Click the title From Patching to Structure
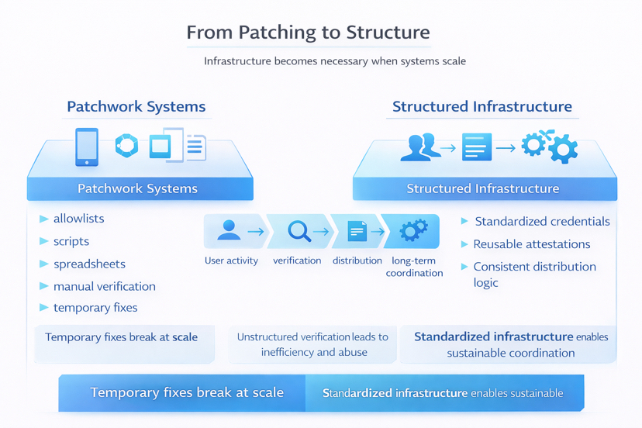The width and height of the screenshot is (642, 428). tap(308, 33)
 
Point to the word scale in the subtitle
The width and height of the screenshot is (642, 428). tap(451, 61)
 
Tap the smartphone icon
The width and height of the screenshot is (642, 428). tap(87, 147)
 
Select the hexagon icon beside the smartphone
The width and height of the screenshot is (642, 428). tap(126, 145)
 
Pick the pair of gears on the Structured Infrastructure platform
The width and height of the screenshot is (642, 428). tap(549, 147)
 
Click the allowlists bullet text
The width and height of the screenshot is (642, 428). tap(78, 219)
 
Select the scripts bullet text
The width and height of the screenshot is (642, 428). tap(71, 241)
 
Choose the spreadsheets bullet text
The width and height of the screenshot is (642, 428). tap(89, 264)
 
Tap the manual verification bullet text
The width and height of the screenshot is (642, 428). tap(105, 286)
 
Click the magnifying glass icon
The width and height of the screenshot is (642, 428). tap(299, 231)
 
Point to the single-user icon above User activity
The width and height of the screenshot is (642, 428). tap(229, 230)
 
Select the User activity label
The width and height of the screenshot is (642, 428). tap(231, 261)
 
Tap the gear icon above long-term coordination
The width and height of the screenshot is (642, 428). tap(413, 230)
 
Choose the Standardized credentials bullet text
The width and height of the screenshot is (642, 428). tap(542, 222)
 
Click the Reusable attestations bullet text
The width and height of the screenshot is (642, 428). tap(532, 244)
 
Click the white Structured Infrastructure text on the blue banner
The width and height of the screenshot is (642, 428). tap(482, 188)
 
